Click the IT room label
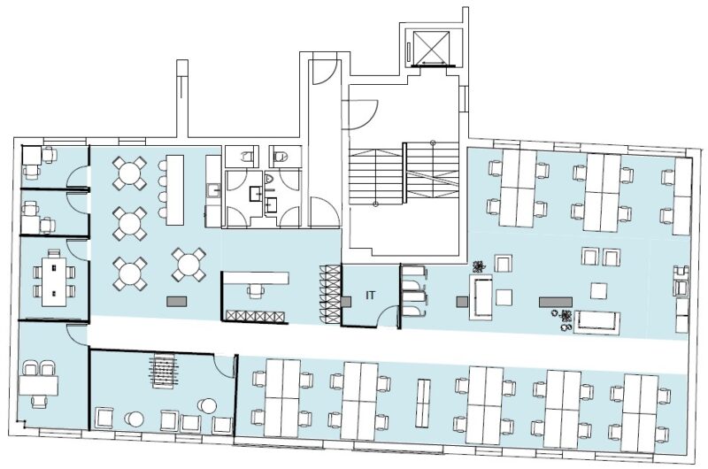(x=370, y=296)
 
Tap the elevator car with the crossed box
(x=431, y=48)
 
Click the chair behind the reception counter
(x=256, y=289)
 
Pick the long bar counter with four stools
(x=174, y=189)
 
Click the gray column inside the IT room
(x=346, y=302)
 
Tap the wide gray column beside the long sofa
(x=556, y=302)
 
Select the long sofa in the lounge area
(x=596, y=322)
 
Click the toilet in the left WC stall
(x=247, y=156)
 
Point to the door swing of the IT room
(x=388, y=316)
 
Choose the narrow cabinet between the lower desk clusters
(x=423, y=403)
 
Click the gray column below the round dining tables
(x=176, y=302)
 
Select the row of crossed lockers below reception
(x=256, y=316)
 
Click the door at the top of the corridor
(x=324, y=73)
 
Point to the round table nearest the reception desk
(x=189, y=265)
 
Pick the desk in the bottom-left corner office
(x=38, y=385)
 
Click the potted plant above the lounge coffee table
(x=478, y=266)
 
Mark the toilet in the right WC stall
(x=281, y=156)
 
